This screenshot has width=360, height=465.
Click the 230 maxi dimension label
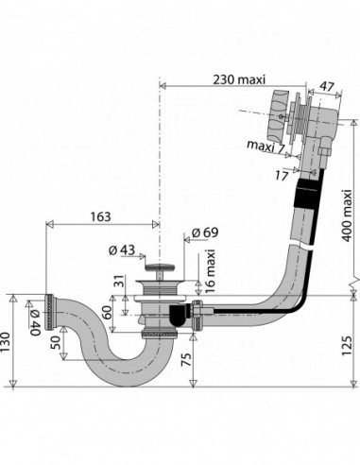239,79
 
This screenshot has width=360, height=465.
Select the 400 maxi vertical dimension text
347,215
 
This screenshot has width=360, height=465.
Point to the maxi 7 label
266,146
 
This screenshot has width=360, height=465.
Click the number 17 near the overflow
282,176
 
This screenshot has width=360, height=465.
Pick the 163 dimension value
101,216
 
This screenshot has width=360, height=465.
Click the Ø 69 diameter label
205,232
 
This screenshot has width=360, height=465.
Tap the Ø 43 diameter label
122,250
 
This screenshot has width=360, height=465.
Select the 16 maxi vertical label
210,271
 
